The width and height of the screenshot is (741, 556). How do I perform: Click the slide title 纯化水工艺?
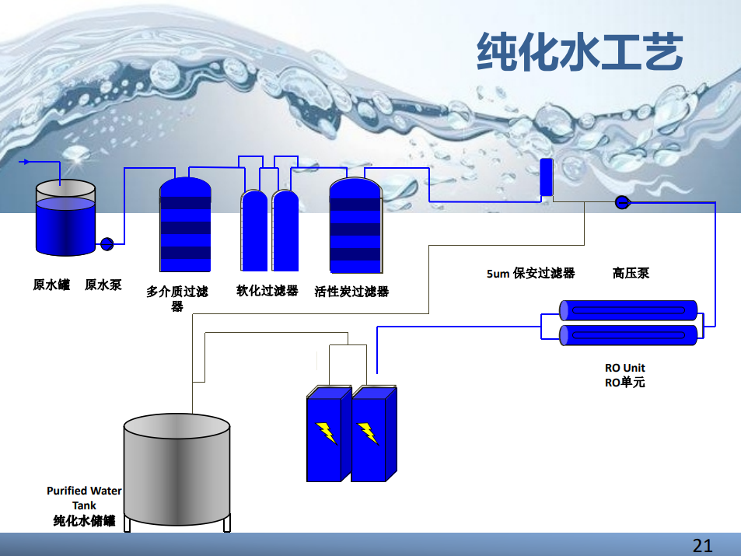(579, 53)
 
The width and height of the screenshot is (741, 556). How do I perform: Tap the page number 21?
(702, 545)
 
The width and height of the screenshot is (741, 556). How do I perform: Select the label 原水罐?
(51, 285)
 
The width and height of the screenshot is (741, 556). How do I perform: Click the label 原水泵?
(103, 285)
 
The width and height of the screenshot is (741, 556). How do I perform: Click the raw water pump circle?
(107, 243)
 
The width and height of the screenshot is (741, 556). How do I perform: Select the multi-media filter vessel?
(185, 226)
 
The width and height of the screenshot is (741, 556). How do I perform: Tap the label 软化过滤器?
(267, 291)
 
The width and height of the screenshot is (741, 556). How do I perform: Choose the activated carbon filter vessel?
(355, 226)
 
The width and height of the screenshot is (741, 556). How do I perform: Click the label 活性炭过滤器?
(351, 292)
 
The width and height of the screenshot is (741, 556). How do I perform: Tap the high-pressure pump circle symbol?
(622, 202)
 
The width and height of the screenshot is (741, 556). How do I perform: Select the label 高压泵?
(631, 273)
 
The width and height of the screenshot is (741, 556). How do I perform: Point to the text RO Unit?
(625, 368)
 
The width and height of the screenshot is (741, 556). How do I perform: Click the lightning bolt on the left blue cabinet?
(326, 432)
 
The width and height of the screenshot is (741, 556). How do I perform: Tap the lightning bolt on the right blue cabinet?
(368, 432)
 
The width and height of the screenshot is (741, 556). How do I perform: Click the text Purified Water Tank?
(84, 498)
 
